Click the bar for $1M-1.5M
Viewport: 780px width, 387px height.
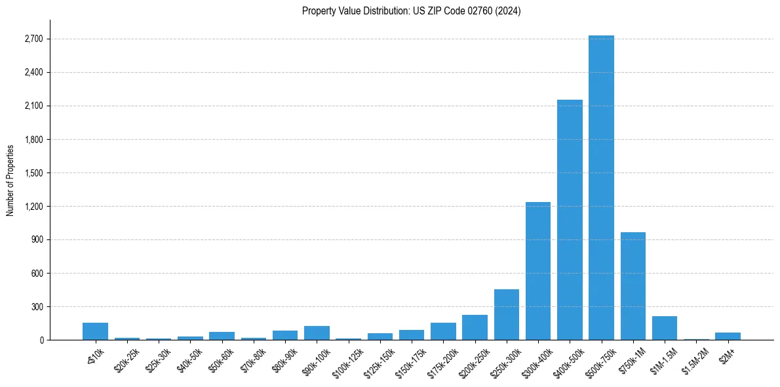tap(665, 328)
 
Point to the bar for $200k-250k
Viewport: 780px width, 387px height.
tap(475, 327)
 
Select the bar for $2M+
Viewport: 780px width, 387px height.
tap(728, 336)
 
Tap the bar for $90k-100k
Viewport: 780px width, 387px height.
tap(317, 333)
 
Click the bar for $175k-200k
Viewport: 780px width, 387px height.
tap(443, 331)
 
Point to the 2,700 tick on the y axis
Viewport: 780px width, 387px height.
tap(33, 39)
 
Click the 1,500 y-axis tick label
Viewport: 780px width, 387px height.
tap(33, 173)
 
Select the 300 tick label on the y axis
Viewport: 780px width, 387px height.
tap(37, 307)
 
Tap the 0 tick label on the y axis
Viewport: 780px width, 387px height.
tap(41, 340)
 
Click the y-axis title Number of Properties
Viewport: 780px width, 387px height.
tap(10, 180)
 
